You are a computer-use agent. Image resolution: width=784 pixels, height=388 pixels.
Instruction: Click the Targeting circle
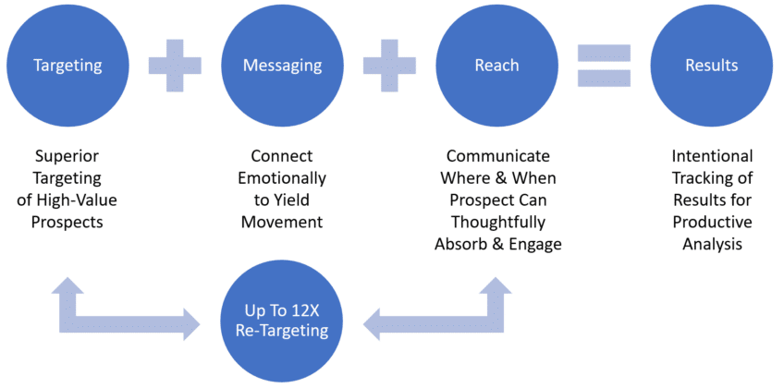click(x=67, y=66)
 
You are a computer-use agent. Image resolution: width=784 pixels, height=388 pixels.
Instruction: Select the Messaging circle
click(x=282, y=66)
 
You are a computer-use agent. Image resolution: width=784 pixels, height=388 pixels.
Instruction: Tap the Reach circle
click(x=496, y=66)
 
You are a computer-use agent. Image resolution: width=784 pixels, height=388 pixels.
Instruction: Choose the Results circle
click(x=711, y=66)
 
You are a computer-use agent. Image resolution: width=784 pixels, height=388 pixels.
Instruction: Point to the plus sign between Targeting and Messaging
click(x=175, y=66)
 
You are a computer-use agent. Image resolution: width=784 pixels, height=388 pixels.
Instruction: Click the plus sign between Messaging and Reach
click(x=389, y=66)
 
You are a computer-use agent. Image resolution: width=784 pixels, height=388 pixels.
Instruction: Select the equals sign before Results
click(x=604, y=66)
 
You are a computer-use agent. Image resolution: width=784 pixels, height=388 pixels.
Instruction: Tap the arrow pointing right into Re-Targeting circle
click(x=129, y=314)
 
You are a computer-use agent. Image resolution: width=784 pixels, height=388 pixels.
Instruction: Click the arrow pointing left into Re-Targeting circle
click(x=435, y=314)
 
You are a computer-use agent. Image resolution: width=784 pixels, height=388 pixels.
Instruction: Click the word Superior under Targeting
click(x=67, y=156)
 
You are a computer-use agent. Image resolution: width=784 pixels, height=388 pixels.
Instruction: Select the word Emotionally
click(x=282, y=178)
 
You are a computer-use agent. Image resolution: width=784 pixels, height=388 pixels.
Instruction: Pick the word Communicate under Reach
click(x=496, y=156)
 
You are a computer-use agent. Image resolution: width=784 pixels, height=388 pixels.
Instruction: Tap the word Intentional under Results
click(x=711, y=156)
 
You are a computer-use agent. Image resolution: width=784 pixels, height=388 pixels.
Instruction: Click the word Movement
click(x=282, y=223)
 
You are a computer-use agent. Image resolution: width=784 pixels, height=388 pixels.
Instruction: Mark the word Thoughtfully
click(x=496, y=223)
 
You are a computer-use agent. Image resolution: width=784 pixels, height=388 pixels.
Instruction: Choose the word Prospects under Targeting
click(x=67, y=223)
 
